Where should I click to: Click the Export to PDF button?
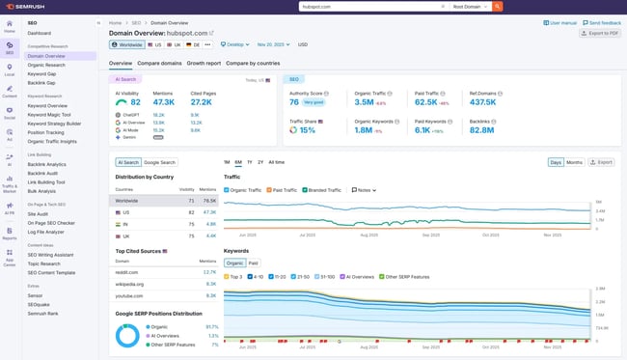click(600, 33)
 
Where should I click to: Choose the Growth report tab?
click(204, 63)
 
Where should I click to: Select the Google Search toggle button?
click(160, 163)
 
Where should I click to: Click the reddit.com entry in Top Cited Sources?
click(128, 272)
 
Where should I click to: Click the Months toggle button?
click(574, 162)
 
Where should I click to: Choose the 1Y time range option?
click(250, 162)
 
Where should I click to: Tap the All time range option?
click(276, 162)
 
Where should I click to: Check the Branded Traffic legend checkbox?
click(306, 190)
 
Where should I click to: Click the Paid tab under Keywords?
click(253, 263)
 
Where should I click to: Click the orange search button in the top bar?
click(498, 6)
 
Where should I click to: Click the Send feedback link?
click(603, 22)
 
